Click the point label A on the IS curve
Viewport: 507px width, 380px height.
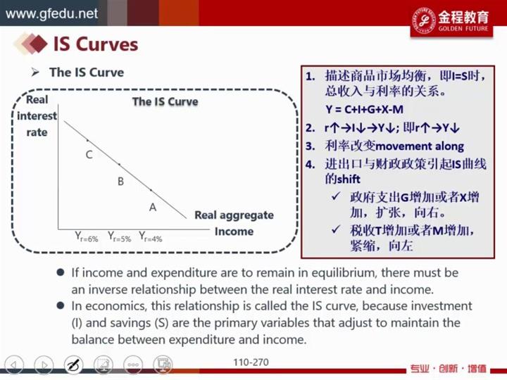click(x=153, y=207)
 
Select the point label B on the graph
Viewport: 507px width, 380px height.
click(x=120, y=182)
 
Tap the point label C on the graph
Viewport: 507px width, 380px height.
click(x=89, y=155)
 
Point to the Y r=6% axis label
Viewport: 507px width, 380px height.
click(x=87, y=237)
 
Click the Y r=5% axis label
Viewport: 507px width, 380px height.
click(x=119, y=237)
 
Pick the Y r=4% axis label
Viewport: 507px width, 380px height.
click(x=151, y=237)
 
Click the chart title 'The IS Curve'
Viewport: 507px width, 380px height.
click(x=165, y=101)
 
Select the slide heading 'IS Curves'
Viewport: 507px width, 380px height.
click(x=96, y=44)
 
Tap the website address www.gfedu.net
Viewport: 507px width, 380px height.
click(x=51, y=13)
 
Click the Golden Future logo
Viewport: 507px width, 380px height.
click(x=451, y=20)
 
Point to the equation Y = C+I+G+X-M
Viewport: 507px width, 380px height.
click(x=365, y=110)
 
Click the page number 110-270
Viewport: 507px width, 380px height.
click(x=251, y=362)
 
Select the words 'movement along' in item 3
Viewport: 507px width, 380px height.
click(x=420, y=146)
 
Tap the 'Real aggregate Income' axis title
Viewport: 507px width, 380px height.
click(x=234, y=223)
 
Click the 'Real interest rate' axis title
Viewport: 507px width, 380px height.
click(x=37, y=115)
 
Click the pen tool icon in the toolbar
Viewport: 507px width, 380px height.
click(x=73, y=365)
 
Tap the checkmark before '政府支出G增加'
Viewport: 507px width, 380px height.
click(x=337, y=196)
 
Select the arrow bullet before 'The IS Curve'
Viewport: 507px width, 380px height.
click(x=35, y=72)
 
